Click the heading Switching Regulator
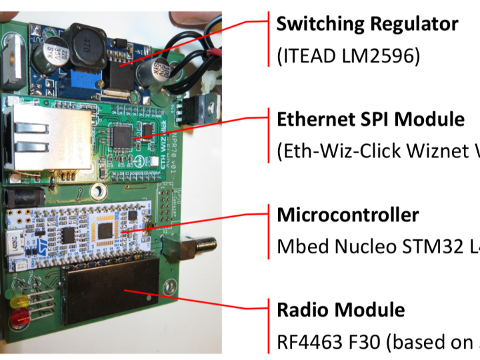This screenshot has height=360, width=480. (x=367, y=24)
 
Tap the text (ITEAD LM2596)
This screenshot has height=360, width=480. (x=348, y=56)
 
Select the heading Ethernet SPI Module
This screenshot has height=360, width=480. (x=370, y=119)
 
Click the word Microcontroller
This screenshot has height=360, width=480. (x=347, y=215)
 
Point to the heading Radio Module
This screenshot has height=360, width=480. (x=340, y=309)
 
